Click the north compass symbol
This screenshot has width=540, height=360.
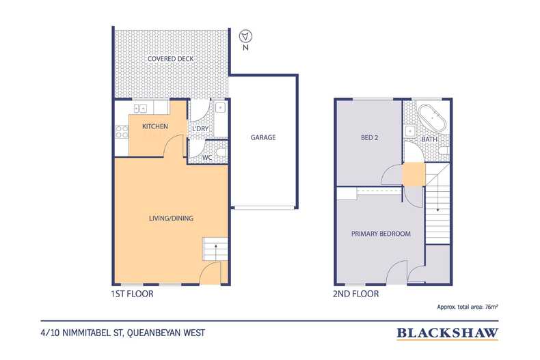click(x=245, y=36)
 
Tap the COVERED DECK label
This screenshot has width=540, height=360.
click(x=170, y=59)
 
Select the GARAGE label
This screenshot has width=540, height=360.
click(x=263, y=137)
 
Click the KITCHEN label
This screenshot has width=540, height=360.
click(x=155, y=126)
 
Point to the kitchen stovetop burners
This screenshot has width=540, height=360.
click(x=122, y=131)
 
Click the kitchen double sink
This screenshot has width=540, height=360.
click(x=141, y=109)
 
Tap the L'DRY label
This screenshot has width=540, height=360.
click(x=200, y=128)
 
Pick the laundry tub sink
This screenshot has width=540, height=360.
click(x=220, y=108)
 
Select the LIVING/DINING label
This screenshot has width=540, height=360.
click(x=171, y=218)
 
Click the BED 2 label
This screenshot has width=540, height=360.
click(x=370, y=138)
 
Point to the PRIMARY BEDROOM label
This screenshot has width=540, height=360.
click(x=381, y=234)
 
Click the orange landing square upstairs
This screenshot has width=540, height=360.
click(x=414, y=174)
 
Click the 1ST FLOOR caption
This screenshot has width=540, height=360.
click(x=132, y=294)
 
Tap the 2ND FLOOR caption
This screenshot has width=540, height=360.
click(x=355, y=294)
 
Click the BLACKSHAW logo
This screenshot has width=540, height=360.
click(x=447, y=333)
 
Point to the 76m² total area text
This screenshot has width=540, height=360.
click(x=491, y=307)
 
